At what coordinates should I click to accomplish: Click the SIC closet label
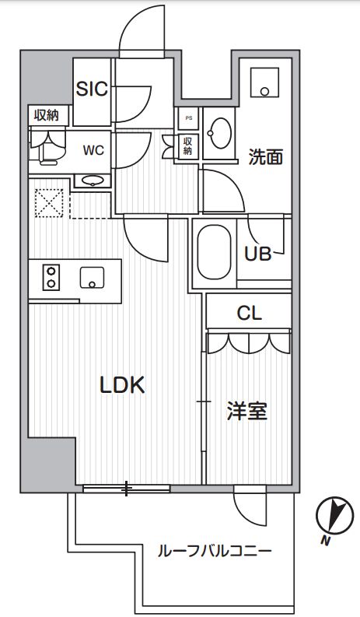click(x=91, y=88)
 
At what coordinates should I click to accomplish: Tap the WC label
click(x=94, y=148)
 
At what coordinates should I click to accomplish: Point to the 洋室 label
click(x=247, y=411)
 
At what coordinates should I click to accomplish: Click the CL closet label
click(x=250, y=314)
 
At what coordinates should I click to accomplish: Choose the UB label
click(x=257, y=254)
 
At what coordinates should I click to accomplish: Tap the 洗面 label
click(x=265, y=156)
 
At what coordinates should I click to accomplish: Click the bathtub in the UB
click(x=215, y=254)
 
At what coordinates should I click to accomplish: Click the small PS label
click(x=187, y=117)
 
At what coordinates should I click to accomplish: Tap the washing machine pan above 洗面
click(x=267, y=81)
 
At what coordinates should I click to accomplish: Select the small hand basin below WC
click(x=93, y=181)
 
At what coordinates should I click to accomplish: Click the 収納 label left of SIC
click(x=47, y=115)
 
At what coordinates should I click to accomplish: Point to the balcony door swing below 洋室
click(x=250, y=507)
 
